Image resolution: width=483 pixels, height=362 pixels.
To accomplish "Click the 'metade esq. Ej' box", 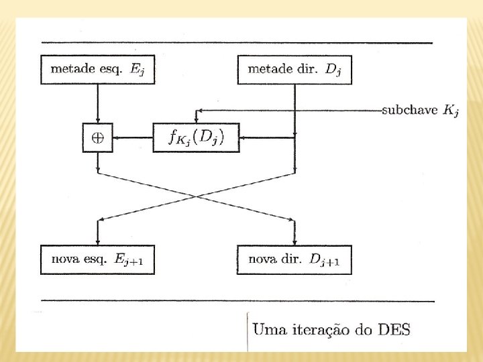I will [98, 70].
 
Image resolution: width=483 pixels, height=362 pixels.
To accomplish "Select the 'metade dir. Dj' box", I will [295, 70].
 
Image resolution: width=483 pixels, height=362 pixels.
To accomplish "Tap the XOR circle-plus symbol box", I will [98, 138].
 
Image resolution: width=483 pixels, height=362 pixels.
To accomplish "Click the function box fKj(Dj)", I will [196, 138].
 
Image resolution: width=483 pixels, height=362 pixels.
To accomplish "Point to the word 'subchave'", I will [410, 110].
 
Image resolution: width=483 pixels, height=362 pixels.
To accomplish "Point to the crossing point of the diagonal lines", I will [196, 196].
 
